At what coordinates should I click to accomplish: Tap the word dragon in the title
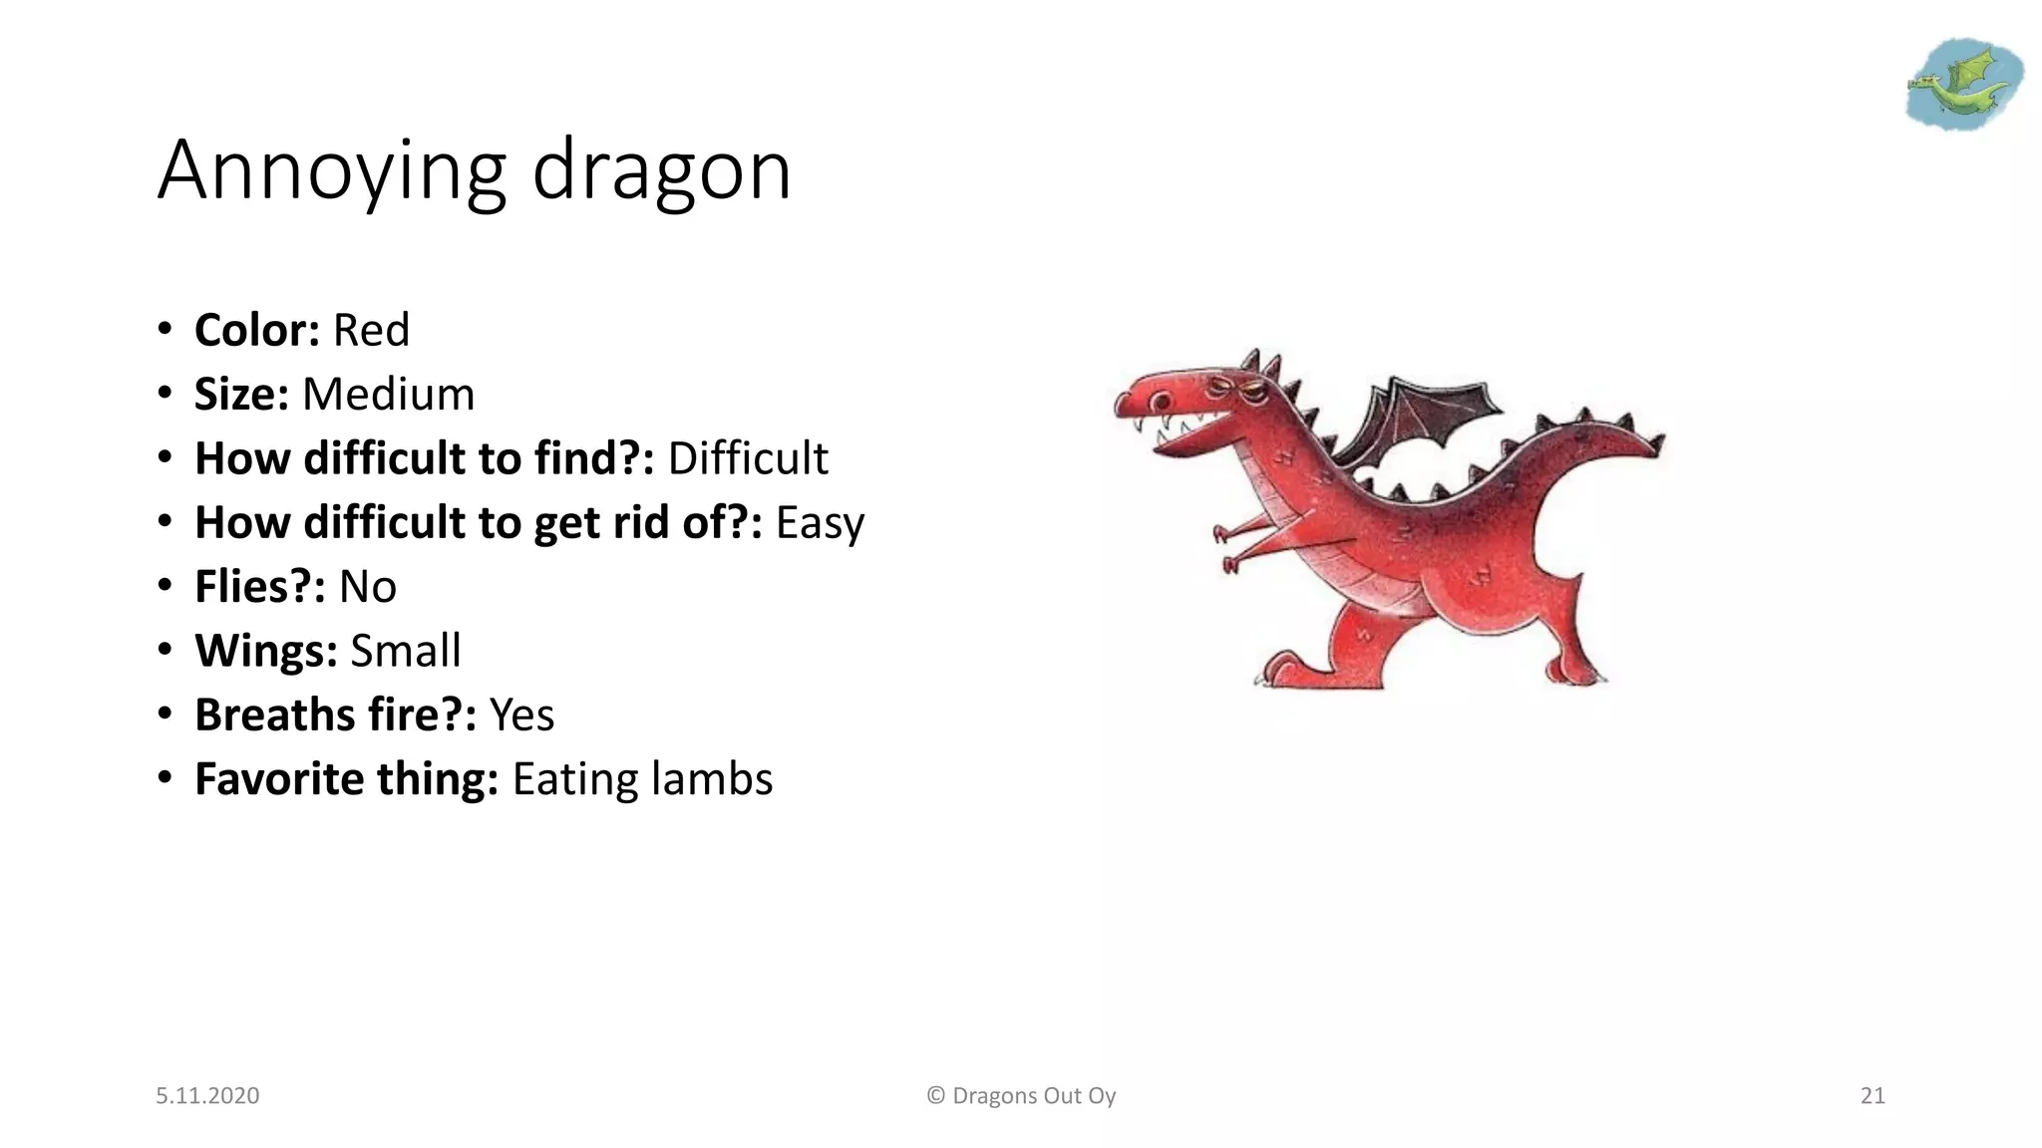point(661,171)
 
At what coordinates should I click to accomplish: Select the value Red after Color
point(371,330)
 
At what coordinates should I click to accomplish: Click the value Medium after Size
point(388,394)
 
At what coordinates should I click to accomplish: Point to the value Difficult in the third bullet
point(748,458)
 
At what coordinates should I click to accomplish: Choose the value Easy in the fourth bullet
point(820,523)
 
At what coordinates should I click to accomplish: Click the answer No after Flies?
point(367,586)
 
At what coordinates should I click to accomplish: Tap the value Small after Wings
point(405,651)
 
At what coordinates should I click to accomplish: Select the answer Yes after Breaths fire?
point(521,715)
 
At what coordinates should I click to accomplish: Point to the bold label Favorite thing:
point(346,779)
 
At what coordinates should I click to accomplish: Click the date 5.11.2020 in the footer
point(207,1095)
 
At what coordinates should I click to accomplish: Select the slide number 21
point(1872,1095)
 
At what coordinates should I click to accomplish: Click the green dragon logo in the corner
point(1962,85)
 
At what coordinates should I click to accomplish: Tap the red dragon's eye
point(1161,402)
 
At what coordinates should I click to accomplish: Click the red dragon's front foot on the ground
point(1286,670)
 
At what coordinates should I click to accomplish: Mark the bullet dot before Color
point(165,330)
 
